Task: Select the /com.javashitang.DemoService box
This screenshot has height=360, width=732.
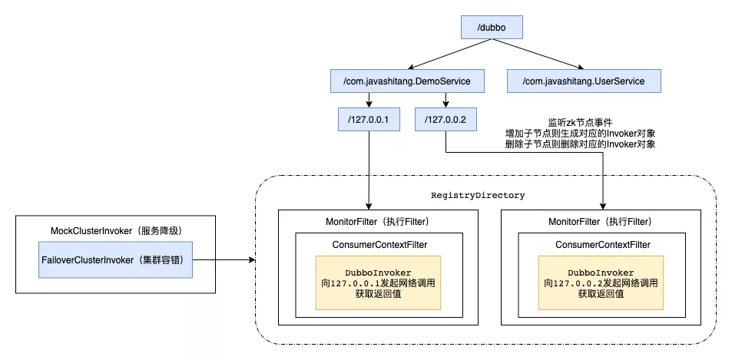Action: click(406, 80)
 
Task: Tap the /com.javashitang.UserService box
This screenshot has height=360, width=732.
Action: click(583, 80)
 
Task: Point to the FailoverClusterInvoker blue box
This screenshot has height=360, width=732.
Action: click(116, 260)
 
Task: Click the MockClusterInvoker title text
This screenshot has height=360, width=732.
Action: click(115, 230)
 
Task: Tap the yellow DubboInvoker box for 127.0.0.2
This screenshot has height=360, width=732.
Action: click(601, 282)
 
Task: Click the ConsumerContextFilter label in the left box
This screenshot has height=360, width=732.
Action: click(379, 245)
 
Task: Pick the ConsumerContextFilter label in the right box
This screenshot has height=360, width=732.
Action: click(601, 245)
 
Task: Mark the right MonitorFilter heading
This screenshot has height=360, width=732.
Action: click(601, 223)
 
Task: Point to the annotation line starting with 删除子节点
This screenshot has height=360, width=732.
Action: click(580, 144)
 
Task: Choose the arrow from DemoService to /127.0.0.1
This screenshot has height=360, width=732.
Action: click(371, 100)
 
